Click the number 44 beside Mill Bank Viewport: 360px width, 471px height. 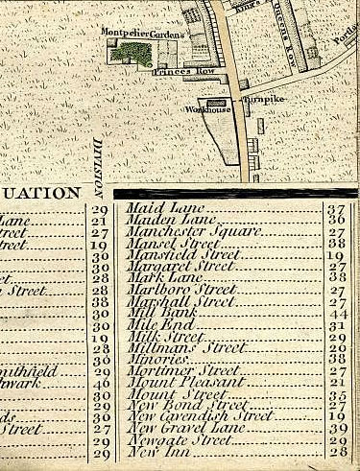point(337,315)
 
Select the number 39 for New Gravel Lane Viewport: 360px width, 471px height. point(337,428)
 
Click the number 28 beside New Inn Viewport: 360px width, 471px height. point(337,451)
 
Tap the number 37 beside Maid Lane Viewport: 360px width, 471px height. point(337,209)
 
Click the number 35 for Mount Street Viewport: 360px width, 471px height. point(337,393)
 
